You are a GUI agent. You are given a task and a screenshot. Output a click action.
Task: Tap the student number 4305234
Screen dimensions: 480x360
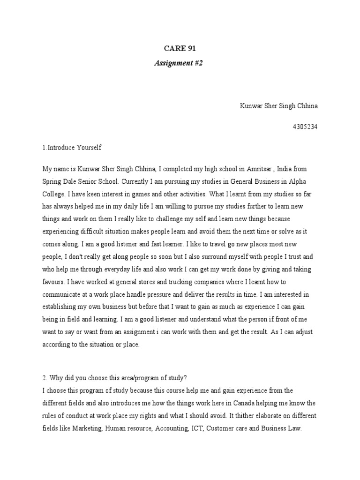click(x=305, y=127)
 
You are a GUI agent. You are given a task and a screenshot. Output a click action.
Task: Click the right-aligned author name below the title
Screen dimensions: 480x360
click(x=278, y=105)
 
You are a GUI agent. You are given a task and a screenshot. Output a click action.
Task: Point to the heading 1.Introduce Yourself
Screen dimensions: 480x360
click(x=72, y=147)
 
